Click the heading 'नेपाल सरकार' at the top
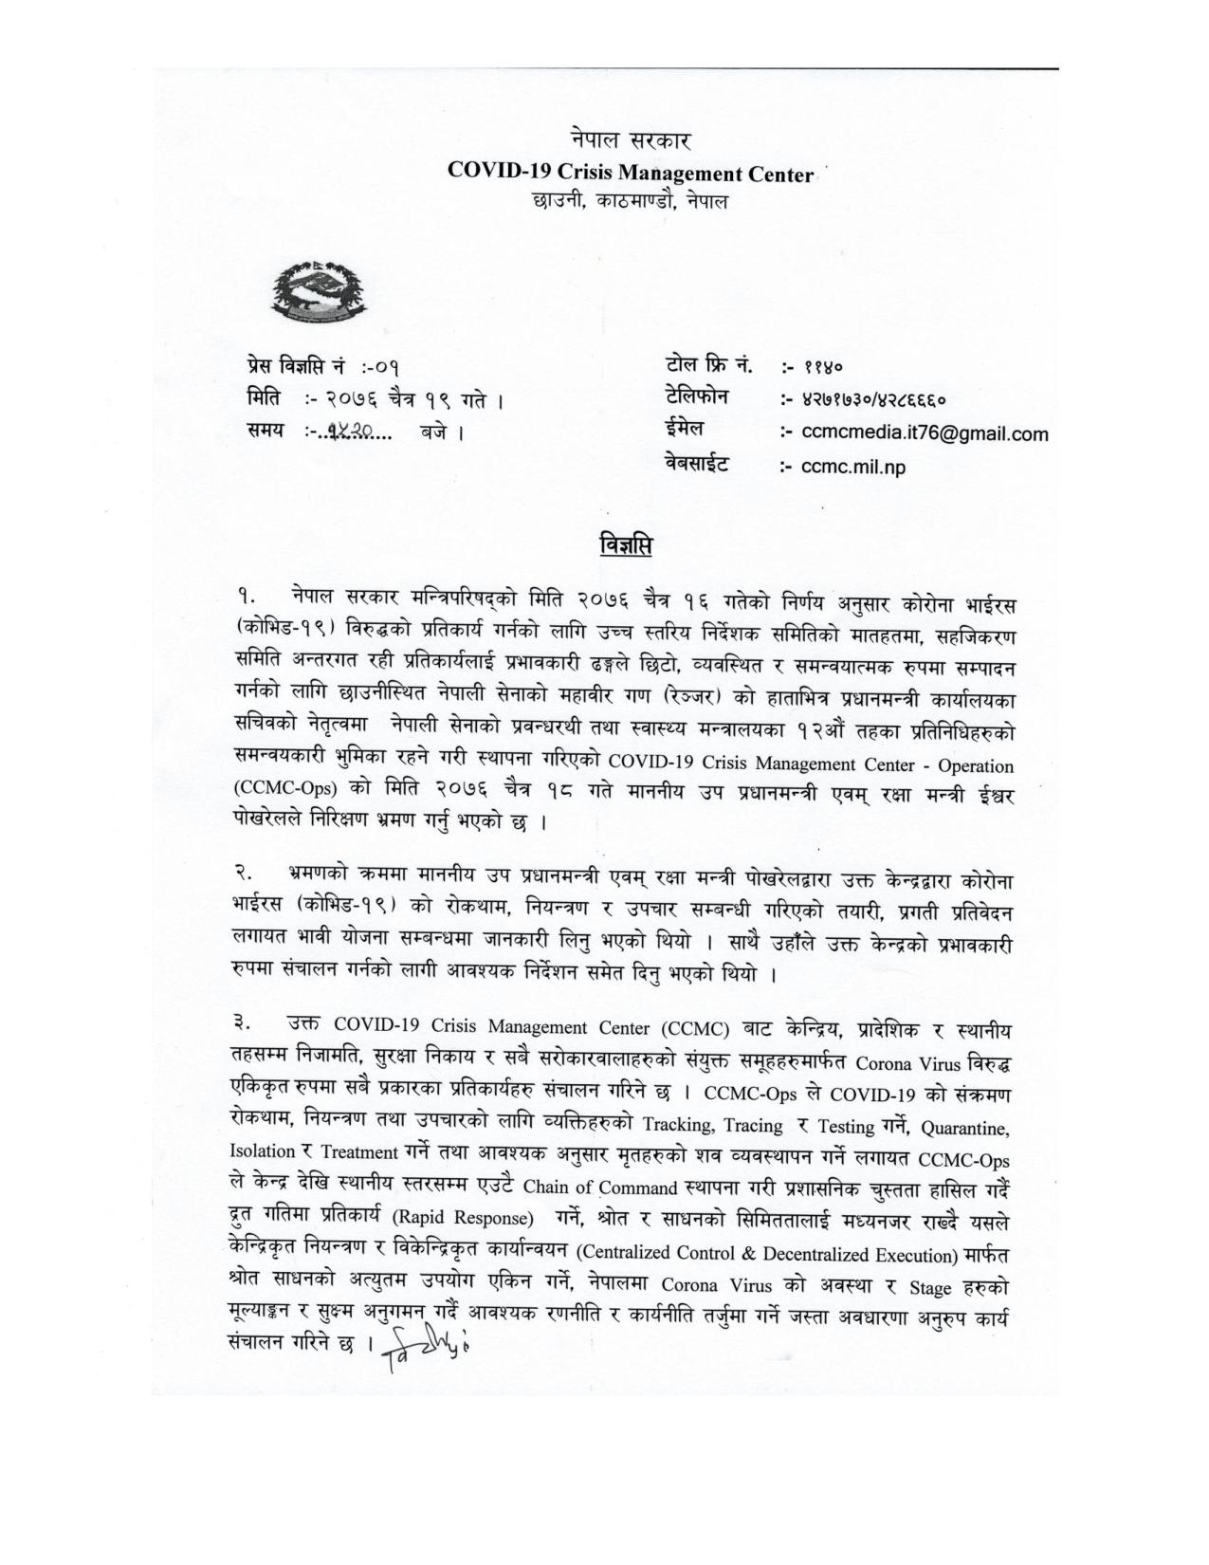[x=631, y=141]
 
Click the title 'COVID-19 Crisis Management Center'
[x=631, y=174]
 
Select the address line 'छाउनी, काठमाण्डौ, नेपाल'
[x=631, y=202]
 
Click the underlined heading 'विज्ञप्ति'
[x=627, y=547]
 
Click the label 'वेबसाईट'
[x=697, y=465]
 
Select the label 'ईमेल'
[x=685, y=431]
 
